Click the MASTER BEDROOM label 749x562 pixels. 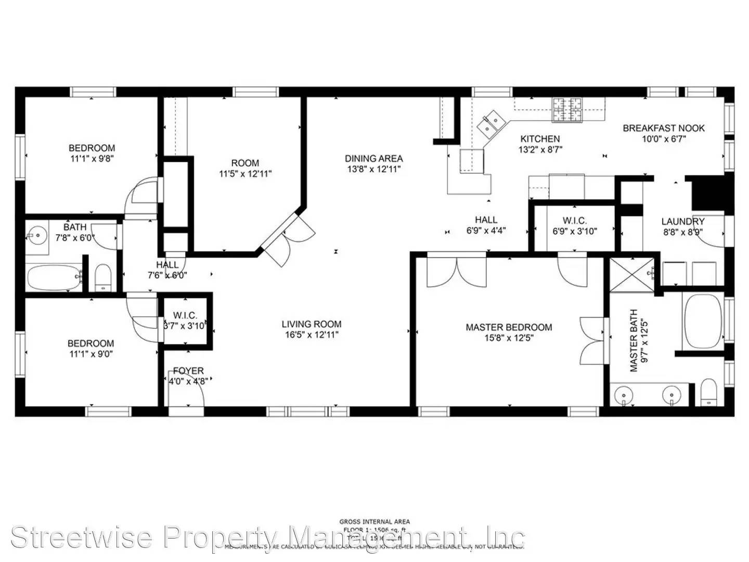point(508,327)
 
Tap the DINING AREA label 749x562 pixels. point(373,158)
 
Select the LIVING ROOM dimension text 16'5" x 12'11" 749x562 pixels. point(311,335)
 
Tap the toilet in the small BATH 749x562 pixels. point(104,278)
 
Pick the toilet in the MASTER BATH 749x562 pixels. point(708,394)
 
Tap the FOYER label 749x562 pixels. point(188,371)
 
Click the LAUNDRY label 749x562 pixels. point(682,222)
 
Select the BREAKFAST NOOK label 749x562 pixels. point(664,128)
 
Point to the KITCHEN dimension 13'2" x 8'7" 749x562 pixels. point(540,149)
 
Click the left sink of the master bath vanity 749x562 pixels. point(624,395)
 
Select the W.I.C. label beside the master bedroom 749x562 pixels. point(574,221)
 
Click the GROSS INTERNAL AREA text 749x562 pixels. point(374,521)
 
